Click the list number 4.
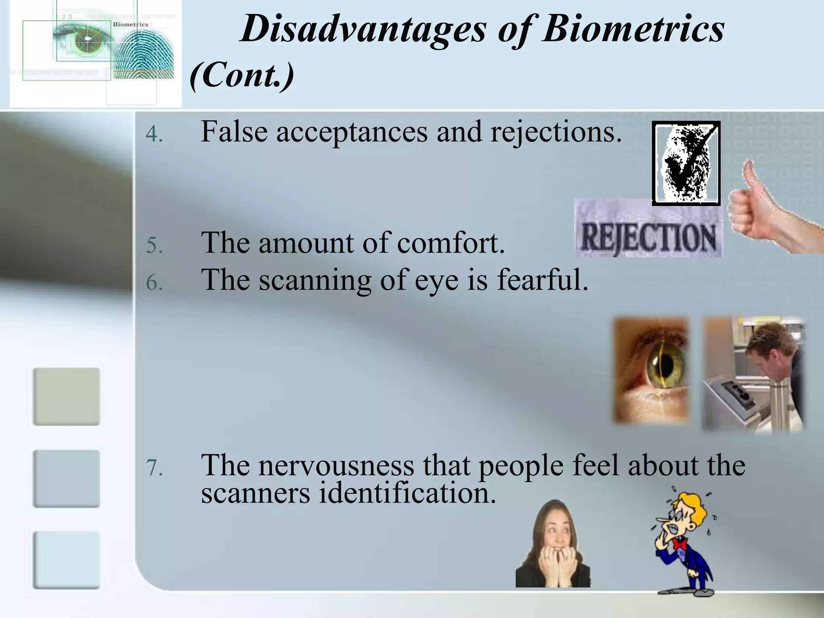(154, 134)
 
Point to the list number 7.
(154, 468)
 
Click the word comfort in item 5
(451, 243)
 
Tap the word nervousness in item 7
(336, 465)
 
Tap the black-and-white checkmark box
(686, 163)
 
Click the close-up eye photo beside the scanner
(651, 370)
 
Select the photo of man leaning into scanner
(752, 374)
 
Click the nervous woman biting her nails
(553, 545)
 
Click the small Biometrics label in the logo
(130, 25)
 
